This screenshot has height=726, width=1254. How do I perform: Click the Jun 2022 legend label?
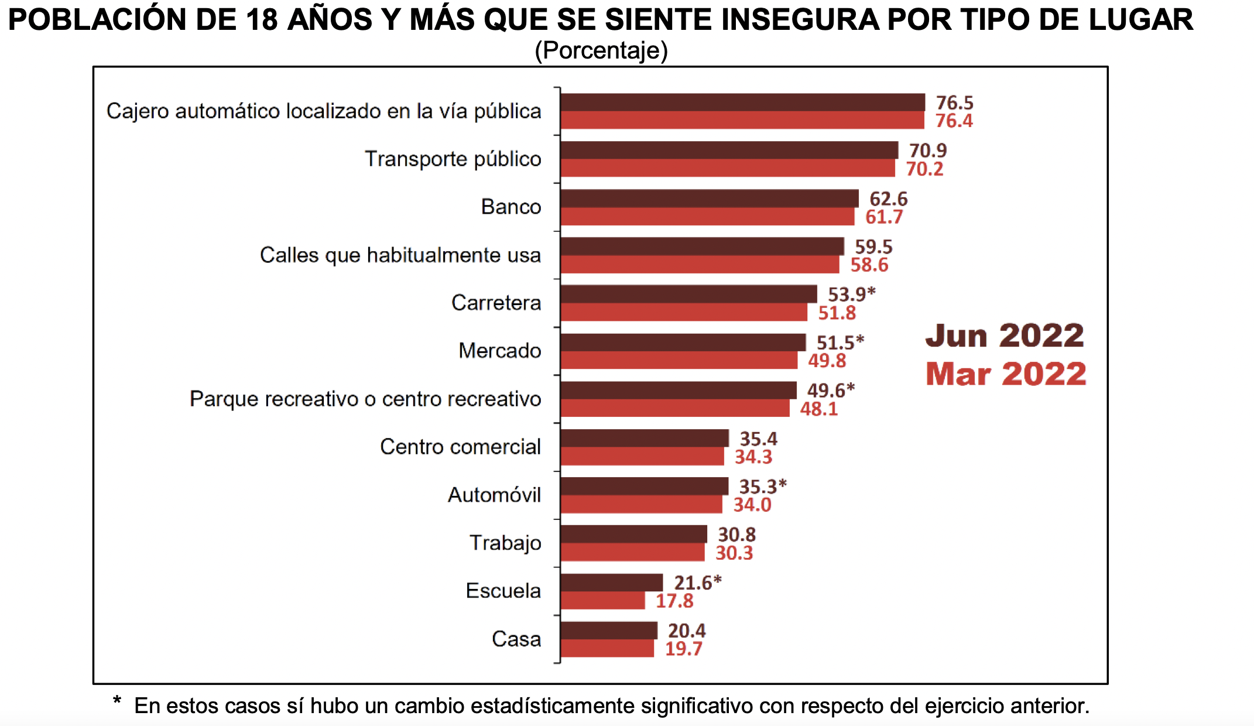[x=1005, y=336]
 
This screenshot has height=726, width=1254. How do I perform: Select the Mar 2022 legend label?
[x=1006, y=374]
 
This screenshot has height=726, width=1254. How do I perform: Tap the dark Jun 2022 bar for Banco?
[x=709, y=198]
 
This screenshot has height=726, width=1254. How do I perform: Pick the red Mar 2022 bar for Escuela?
[x=602, y=601]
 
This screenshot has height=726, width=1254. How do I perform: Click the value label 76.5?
[x=954, y=102]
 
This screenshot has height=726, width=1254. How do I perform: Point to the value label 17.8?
[x=674, y=601]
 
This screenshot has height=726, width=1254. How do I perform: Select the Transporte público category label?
[x=453, y=159]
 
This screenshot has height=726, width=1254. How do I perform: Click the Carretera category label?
[x=496, y=303]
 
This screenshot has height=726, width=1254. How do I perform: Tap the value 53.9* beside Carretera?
[x=851, y=294]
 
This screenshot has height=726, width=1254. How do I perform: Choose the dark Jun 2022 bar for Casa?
[x=609, y=631]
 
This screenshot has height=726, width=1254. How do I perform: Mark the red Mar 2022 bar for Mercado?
[x=679, y=361]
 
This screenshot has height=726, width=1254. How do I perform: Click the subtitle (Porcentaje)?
[x=601, y=50]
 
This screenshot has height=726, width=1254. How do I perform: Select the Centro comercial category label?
[x=460, y=447]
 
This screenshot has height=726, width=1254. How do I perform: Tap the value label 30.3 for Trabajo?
[x=734, y=553]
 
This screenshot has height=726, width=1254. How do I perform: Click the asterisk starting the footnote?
[x=117, y=701]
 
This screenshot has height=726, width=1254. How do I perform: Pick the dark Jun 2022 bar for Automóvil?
[x=644, y=487]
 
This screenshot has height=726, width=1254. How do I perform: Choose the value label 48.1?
[x=819, y=409]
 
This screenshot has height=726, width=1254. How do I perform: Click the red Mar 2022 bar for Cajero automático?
[x=742, y=121]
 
